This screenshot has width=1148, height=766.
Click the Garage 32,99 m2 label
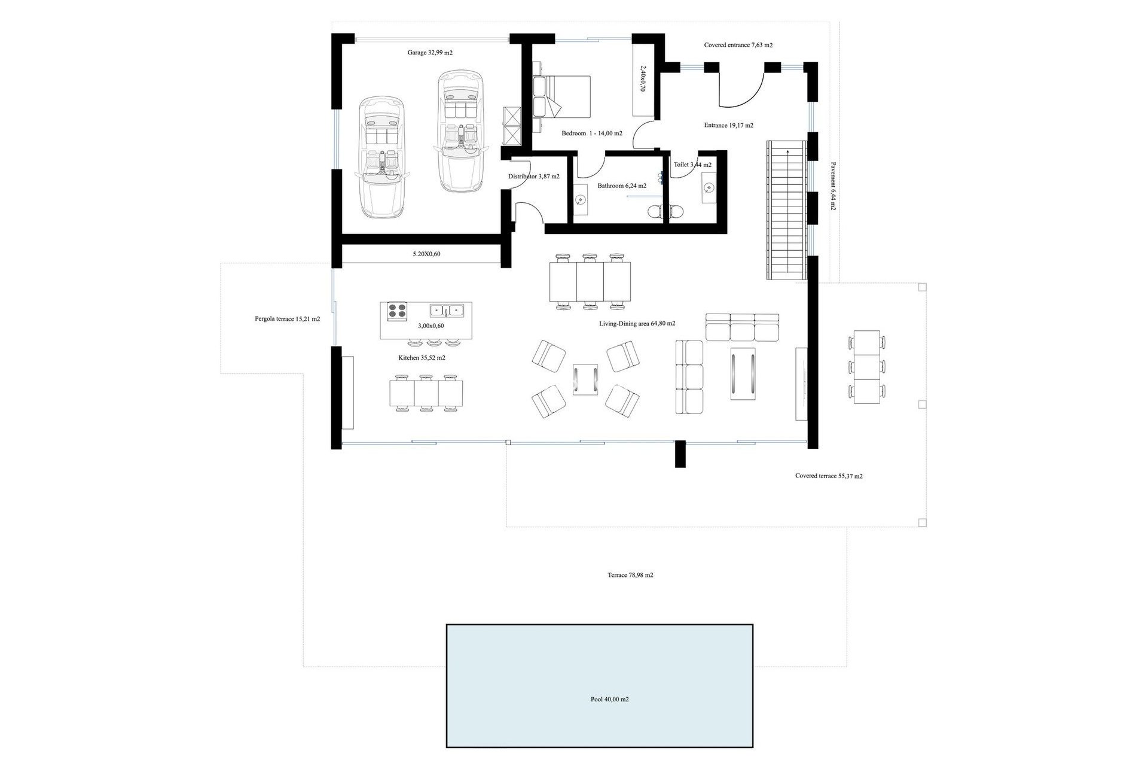pyautogui.click(x=430, y=53)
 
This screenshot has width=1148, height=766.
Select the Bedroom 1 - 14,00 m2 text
pyautogui.click(x=591, y=133)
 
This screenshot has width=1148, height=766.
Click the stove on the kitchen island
pyautogui.click(x=396, y=311)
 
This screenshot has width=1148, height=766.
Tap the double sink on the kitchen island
pyautogui.click(x=447, y=311)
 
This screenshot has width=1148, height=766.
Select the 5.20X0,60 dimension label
pyautogui.click(x=426, y=254)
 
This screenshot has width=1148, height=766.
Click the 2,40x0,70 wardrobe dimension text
pyautogui.click(x=643, y=78)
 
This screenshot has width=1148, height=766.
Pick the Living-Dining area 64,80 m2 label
pyautogui.click(x=637, y=324)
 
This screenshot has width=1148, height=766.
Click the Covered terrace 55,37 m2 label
pyautogui.click(x=829, y=476)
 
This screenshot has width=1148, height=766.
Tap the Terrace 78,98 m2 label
pyautogui.click(x=630, y=575)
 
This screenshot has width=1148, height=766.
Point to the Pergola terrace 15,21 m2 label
pyautogui.click(x=287, y=319)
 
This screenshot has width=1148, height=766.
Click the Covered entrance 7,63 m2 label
pyautogui.click(x=738, y=45)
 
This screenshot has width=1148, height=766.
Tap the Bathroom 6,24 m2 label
pyautogui.click(x=622, y=186)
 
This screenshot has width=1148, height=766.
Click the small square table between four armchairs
pyautogui.click(x=585, y=380)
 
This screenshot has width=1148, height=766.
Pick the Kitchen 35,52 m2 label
pyautogui.click(x=422, y=358)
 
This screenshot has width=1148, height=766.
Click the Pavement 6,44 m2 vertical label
pyautogui.click(x=833, y=186)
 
